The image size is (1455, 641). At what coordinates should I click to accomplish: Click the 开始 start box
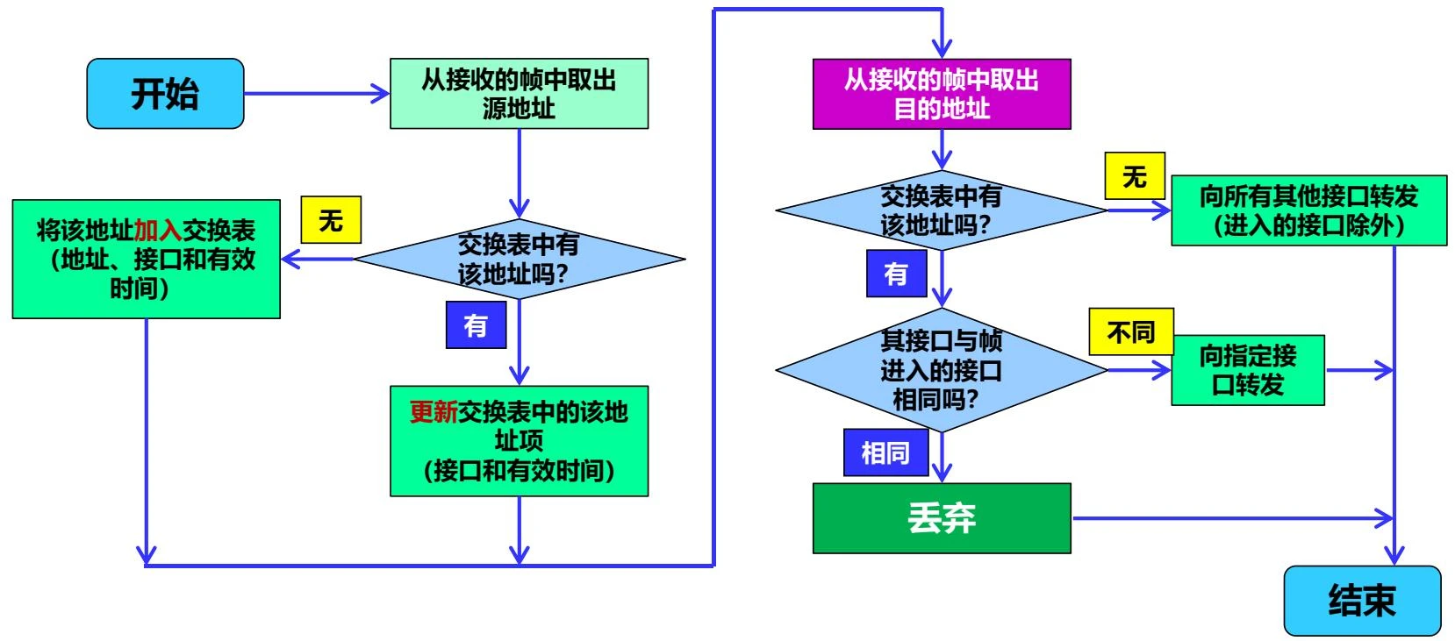point(165,94)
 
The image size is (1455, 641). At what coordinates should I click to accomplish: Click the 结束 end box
point(1361,601)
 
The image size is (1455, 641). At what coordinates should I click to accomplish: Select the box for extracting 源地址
point(519,94)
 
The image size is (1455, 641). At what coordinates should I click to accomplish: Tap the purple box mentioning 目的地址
point(941,94)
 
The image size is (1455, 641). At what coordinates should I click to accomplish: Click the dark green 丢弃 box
point(941,518)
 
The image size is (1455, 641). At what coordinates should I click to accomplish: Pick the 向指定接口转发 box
point(1247,370)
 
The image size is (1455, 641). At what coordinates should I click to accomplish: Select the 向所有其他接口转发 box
point(1308,210)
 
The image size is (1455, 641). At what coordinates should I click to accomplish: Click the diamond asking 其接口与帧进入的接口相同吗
point(941,370)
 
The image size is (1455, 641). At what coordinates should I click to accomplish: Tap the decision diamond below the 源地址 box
point(519,259)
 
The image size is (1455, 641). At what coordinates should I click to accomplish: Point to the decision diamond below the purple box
point(941,210)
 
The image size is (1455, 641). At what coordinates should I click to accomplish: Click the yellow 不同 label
point(1130,332)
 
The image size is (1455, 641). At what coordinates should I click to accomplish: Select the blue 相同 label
point(885,452)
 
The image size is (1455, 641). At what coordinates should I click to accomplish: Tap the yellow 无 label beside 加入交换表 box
point(331,219)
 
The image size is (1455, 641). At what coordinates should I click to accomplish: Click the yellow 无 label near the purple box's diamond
point(1134,176)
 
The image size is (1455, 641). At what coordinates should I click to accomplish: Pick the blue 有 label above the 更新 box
point(476,325)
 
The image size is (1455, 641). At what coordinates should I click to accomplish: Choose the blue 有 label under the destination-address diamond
point(896,274)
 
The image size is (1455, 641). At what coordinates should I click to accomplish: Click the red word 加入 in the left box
point(157,231)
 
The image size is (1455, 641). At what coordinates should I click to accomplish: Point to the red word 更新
point(434,411)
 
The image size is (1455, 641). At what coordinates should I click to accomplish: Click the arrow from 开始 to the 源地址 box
point(316,94)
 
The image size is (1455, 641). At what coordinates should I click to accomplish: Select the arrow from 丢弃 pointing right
point(1229,518)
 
